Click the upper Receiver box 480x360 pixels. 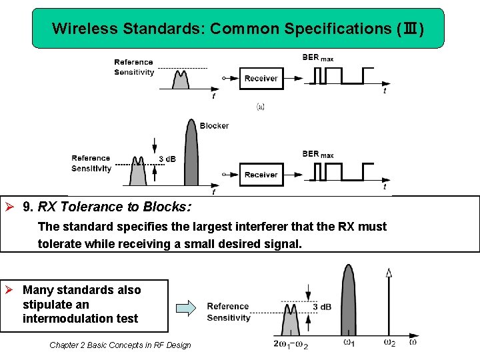point(261,78)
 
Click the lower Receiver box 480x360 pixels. point(261,175)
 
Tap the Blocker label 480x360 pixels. point(214,125)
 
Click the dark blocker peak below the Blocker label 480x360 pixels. point(191,160)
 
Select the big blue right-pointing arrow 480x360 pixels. point(186,308)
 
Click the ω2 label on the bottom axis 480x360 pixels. point(389,343)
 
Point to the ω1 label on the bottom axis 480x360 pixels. point(348,343)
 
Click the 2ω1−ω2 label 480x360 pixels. point(290,343)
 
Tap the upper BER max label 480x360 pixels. point(317,58)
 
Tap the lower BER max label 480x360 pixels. point(317,154)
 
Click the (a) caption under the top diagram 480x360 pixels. point(261,106)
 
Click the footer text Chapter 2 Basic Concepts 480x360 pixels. point(120,345)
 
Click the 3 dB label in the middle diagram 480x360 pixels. point(167,159)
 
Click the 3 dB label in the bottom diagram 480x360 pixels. point(321,307)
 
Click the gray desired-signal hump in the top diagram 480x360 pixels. point(181,80)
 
